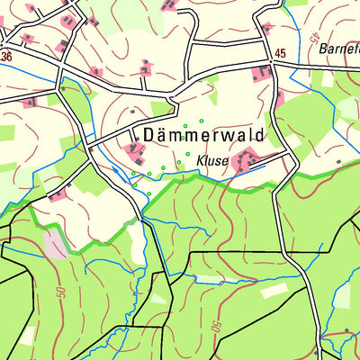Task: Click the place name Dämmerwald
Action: click(203, 134)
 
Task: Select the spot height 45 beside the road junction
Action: click(279, 55)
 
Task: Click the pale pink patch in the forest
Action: click(55, 243)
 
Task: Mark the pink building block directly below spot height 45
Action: click(263, 72)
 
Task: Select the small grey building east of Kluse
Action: click(337, 161)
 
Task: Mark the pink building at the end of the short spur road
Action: click(145, 67)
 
